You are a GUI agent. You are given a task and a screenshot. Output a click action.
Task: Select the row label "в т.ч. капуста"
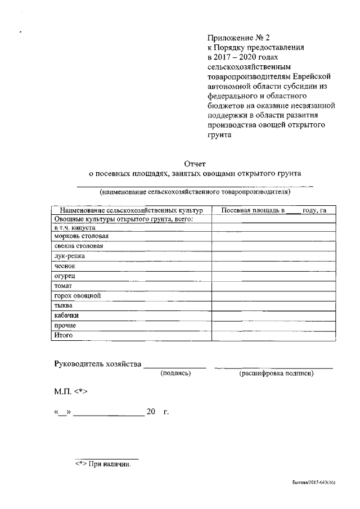click(74, 228)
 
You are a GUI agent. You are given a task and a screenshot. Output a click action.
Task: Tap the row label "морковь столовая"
click(81, 237)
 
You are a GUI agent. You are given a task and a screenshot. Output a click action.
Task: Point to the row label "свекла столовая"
click(78, 246)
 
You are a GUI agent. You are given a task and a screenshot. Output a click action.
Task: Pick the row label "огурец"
click(65, 276)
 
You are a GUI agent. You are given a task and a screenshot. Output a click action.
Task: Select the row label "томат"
click(63, 286)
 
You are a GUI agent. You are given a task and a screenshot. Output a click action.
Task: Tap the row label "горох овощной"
click(77, 296)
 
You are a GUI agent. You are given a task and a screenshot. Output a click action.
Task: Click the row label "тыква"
click(63, 306)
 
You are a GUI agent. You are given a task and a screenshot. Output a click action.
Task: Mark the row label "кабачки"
click(66, 316)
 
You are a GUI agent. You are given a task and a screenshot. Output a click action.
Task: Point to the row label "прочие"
click(65, 326)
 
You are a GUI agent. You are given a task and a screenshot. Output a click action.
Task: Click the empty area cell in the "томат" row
click(274, 286)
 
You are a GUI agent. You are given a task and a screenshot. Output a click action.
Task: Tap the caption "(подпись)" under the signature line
click(175, 373)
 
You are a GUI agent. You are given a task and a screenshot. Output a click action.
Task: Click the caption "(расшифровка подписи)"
click(276, 373)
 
